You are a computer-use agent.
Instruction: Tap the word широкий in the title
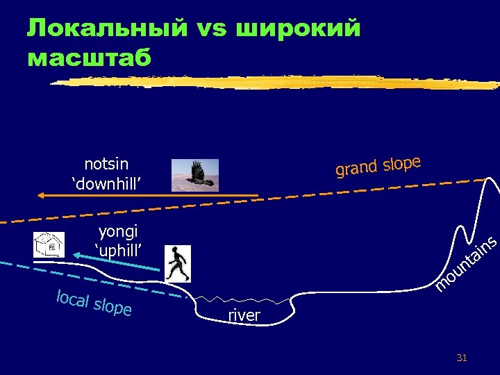(299, 28)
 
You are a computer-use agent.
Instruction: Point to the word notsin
(106, 164)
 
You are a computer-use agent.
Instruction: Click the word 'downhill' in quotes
(107, 183)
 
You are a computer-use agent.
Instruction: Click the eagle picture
(194, 174)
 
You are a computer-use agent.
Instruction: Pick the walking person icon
(178, 264)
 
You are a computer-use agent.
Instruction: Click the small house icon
(49, 244)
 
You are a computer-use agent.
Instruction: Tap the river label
(244, 316)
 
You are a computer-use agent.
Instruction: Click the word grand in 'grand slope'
(356, 167)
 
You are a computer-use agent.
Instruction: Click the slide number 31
(462, 358)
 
